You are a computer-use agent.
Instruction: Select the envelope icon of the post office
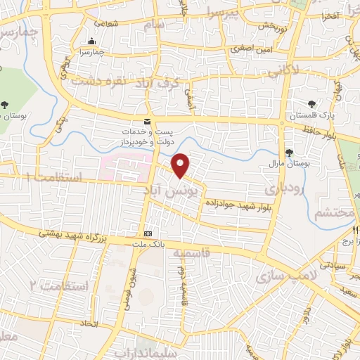(x=148, y=121)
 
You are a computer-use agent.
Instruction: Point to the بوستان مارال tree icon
(x=289, y=153)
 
